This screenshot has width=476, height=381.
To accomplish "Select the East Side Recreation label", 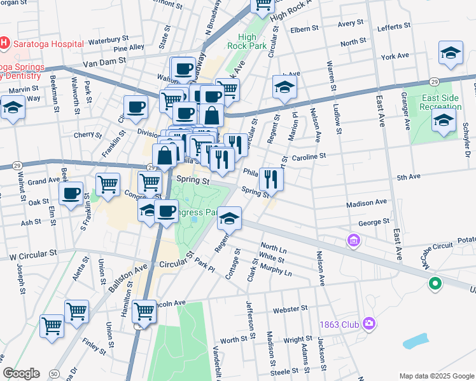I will [x=440, y=103].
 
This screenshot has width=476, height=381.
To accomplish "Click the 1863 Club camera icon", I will [x=368, y=324].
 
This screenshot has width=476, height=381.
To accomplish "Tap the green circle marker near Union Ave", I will [x=435, y=284].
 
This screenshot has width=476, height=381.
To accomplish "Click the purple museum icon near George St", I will [x=354, y=241].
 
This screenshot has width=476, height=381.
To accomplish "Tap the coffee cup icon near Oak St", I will [x=71, y=192].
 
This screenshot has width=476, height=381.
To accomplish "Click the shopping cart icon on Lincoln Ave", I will [x=144, y=311].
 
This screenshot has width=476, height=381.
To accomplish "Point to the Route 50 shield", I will [x=55, y=373].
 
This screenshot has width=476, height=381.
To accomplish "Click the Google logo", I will [x=21, y=373].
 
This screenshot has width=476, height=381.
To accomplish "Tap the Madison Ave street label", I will [x=367, y=203].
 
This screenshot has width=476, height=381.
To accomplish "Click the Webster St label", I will [x=290, y=309].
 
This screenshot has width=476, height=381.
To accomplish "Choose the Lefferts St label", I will [x=393, y=27].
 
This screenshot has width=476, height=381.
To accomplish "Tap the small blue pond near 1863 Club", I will [x=417, y=340].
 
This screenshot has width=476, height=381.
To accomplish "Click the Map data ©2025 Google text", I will [x=436, y=375].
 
